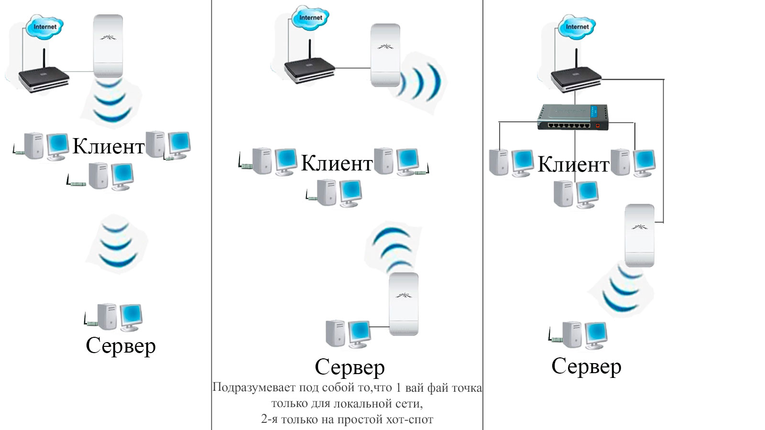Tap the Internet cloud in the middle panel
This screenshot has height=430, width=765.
[x=310, y=18]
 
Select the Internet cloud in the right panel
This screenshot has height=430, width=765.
[x=577, y=27]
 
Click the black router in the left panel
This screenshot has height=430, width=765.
[x=43, y=79]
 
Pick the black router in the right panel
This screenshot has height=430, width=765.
[x=576, y=77]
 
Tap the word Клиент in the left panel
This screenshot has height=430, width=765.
[x=108, y=146]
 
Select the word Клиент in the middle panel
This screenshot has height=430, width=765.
[x=337, y=163]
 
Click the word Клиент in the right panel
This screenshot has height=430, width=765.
[x=573, y=164]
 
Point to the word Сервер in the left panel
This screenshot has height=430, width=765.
[x=120, y=345]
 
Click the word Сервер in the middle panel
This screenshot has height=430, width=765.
[x=350, y=367]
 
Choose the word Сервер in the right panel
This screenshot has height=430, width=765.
[x=586, y=366]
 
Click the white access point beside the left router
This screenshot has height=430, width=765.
[x=108, y=46]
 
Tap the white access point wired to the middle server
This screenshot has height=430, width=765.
[x=404, y=304]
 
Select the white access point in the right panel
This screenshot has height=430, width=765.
[x=639, y=235]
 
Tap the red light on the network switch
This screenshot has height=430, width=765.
[x=597, y=125]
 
